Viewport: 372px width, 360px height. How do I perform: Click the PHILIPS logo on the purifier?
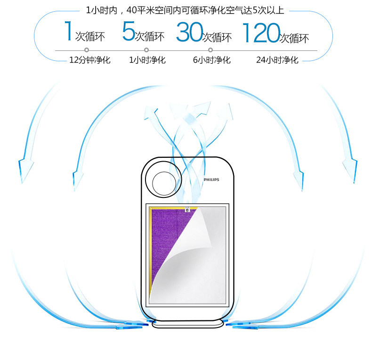(211, 180)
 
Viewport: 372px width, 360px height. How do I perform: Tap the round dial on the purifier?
(162, 182)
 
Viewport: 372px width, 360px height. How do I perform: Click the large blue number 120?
(260, 33)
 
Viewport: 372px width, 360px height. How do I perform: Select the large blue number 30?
(189, 33)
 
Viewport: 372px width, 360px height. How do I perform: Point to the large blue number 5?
(128, 32)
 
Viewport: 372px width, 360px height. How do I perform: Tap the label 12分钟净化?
(89, 60)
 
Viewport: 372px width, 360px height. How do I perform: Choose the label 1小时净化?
(147, 60)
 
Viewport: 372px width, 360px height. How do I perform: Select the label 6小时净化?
(211, 60)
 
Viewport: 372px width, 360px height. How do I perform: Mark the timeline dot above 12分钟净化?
(87, 50)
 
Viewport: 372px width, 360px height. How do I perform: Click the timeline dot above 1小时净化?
(146, 50)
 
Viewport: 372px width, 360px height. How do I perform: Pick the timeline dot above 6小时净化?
(210, 50)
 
